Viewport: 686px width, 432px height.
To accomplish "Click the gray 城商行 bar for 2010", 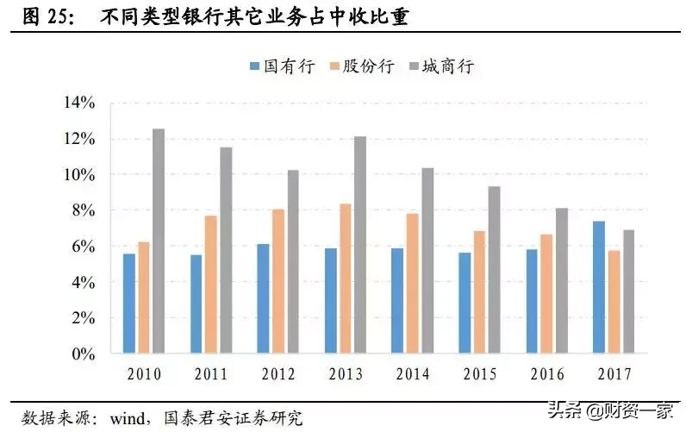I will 159,241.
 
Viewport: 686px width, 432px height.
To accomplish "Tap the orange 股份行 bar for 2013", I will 345,279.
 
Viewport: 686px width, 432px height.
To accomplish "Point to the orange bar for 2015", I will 479,292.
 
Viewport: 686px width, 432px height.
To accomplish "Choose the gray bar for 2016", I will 561,281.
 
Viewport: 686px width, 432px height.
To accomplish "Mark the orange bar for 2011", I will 210,285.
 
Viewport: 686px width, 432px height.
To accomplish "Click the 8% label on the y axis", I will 82,211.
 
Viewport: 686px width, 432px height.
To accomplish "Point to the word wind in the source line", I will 128,418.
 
